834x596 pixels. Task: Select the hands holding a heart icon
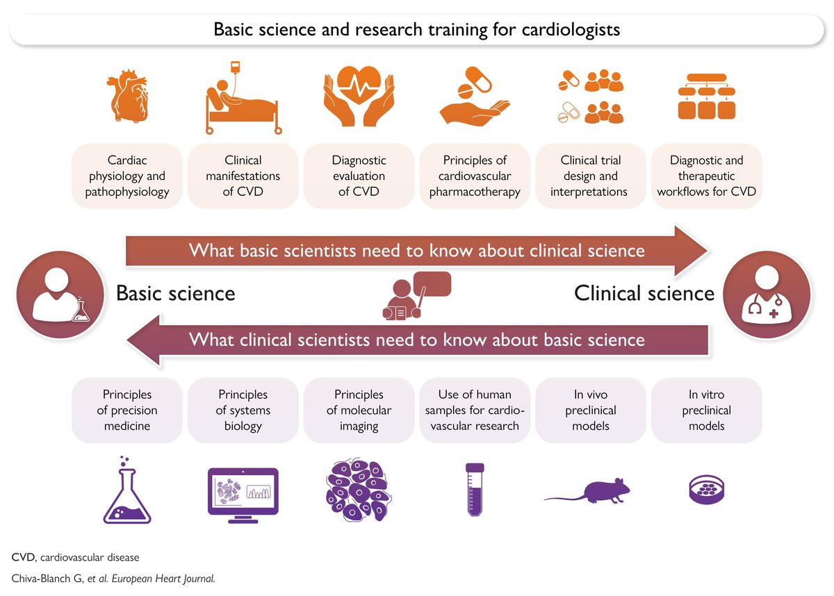click(x=359, y=99)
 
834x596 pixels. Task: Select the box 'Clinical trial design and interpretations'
click(x=589, y=176)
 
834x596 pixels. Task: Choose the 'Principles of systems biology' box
click(x=243, y=411)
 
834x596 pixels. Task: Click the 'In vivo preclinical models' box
click(x=589, y=411)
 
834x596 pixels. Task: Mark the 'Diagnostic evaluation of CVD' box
click(x=359, y=176)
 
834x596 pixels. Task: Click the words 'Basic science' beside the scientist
click(x=175, y=293)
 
